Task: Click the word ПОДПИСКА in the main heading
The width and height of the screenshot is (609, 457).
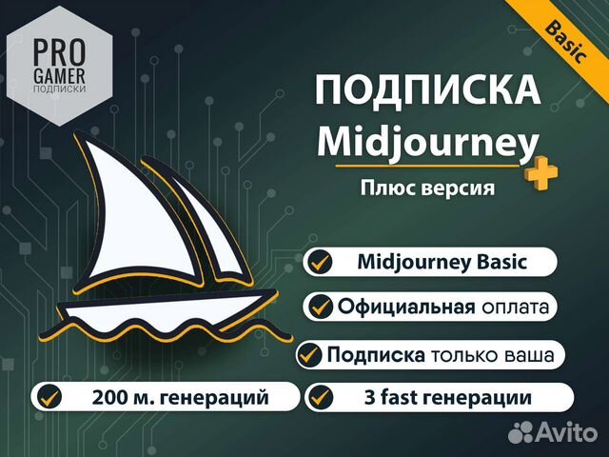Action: click(427, 91)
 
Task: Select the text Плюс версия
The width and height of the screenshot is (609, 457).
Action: click(427, 188)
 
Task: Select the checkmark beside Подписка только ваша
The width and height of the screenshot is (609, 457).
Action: click(311, 355)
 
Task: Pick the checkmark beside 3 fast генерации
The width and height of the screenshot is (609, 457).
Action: click(323, 395)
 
